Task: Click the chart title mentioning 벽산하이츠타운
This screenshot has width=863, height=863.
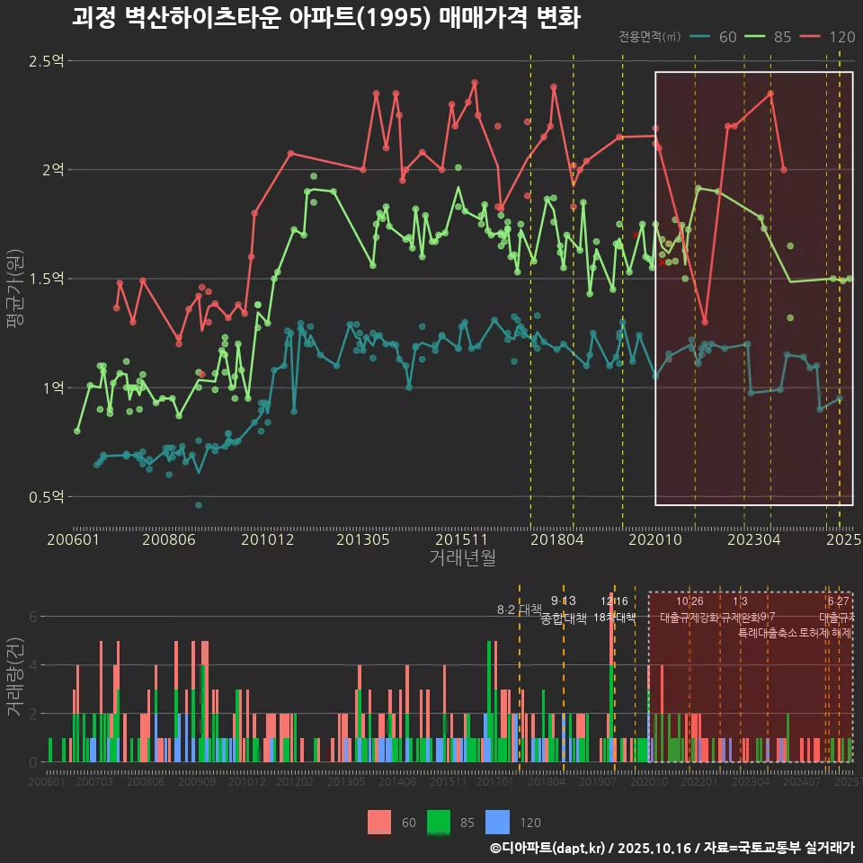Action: pos(325,17)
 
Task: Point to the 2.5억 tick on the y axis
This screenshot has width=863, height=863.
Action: pos(47,61)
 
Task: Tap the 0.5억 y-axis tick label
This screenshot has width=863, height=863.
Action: pos(47,497)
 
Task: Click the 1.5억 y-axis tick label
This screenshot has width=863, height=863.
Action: pos(47,279)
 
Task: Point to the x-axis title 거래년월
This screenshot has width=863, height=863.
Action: pos(462,558)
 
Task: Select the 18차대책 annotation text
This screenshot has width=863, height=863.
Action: pos(615,618)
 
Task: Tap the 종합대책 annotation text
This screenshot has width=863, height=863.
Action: pos(564,618)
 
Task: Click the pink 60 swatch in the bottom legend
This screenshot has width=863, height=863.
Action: pos(379,822)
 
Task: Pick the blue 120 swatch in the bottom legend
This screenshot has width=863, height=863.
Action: pos(497,822)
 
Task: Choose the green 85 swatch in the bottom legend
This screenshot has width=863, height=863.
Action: pos(439,822)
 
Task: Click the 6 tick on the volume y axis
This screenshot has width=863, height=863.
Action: pos(32,617)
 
